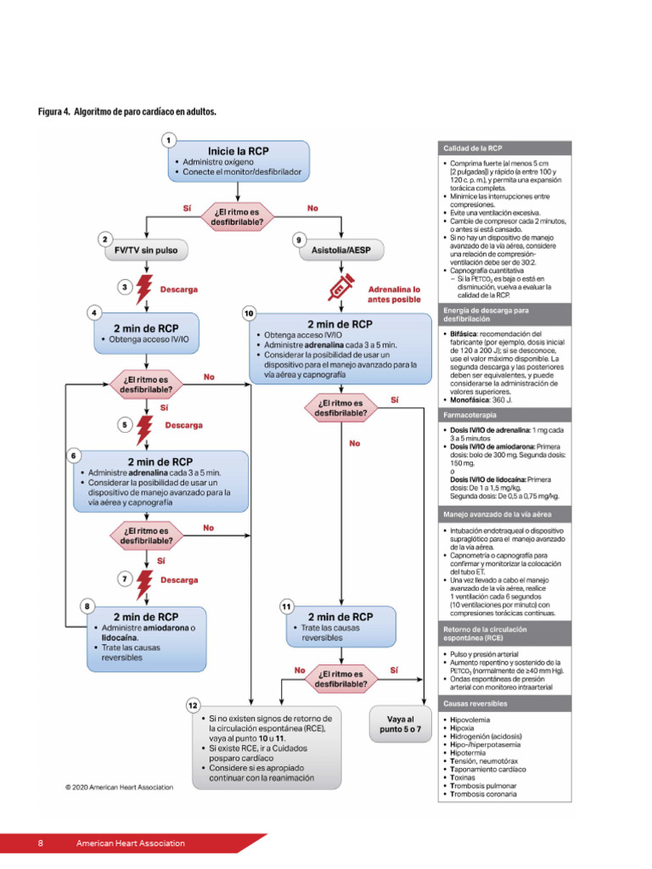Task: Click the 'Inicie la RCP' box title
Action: tap(239, 150)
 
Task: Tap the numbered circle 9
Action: tap(300, 240)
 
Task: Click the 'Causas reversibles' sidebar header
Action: tap(475, 704)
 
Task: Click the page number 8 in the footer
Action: tap(40, 843)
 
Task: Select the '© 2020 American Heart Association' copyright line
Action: tap(119, 787)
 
